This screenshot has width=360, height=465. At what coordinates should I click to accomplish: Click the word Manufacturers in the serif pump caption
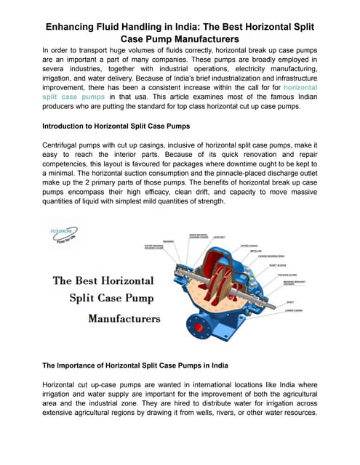[x=124, y=318]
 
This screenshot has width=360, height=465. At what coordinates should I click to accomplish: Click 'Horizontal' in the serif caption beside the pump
[x=118, y=280]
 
